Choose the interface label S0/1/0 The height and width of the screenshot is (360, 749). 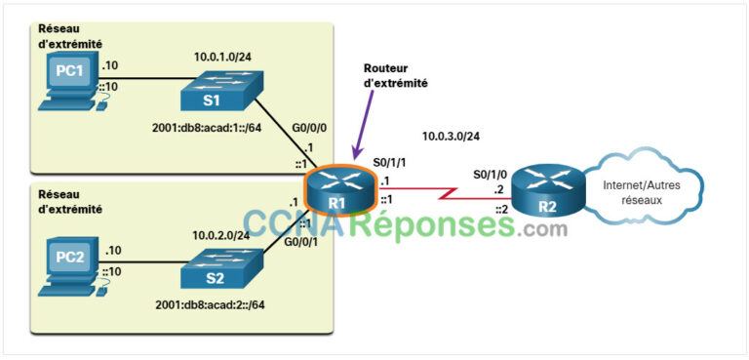pos(491,173)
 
